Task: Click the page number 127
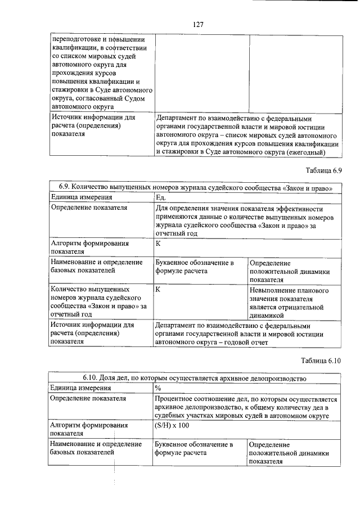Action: point(197,25)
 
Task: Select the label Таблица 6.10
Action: point(321,360)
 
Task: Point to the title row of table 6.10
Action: point(195,379)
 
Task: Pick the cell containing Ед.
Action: point(161,197)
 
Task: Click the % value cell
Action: point(158,389)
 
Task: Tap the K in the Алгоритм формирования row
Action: point(158,244)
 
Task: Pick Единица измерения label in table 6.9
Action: point(82,197)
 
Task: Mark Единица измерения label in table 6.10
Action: point(82,389)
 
